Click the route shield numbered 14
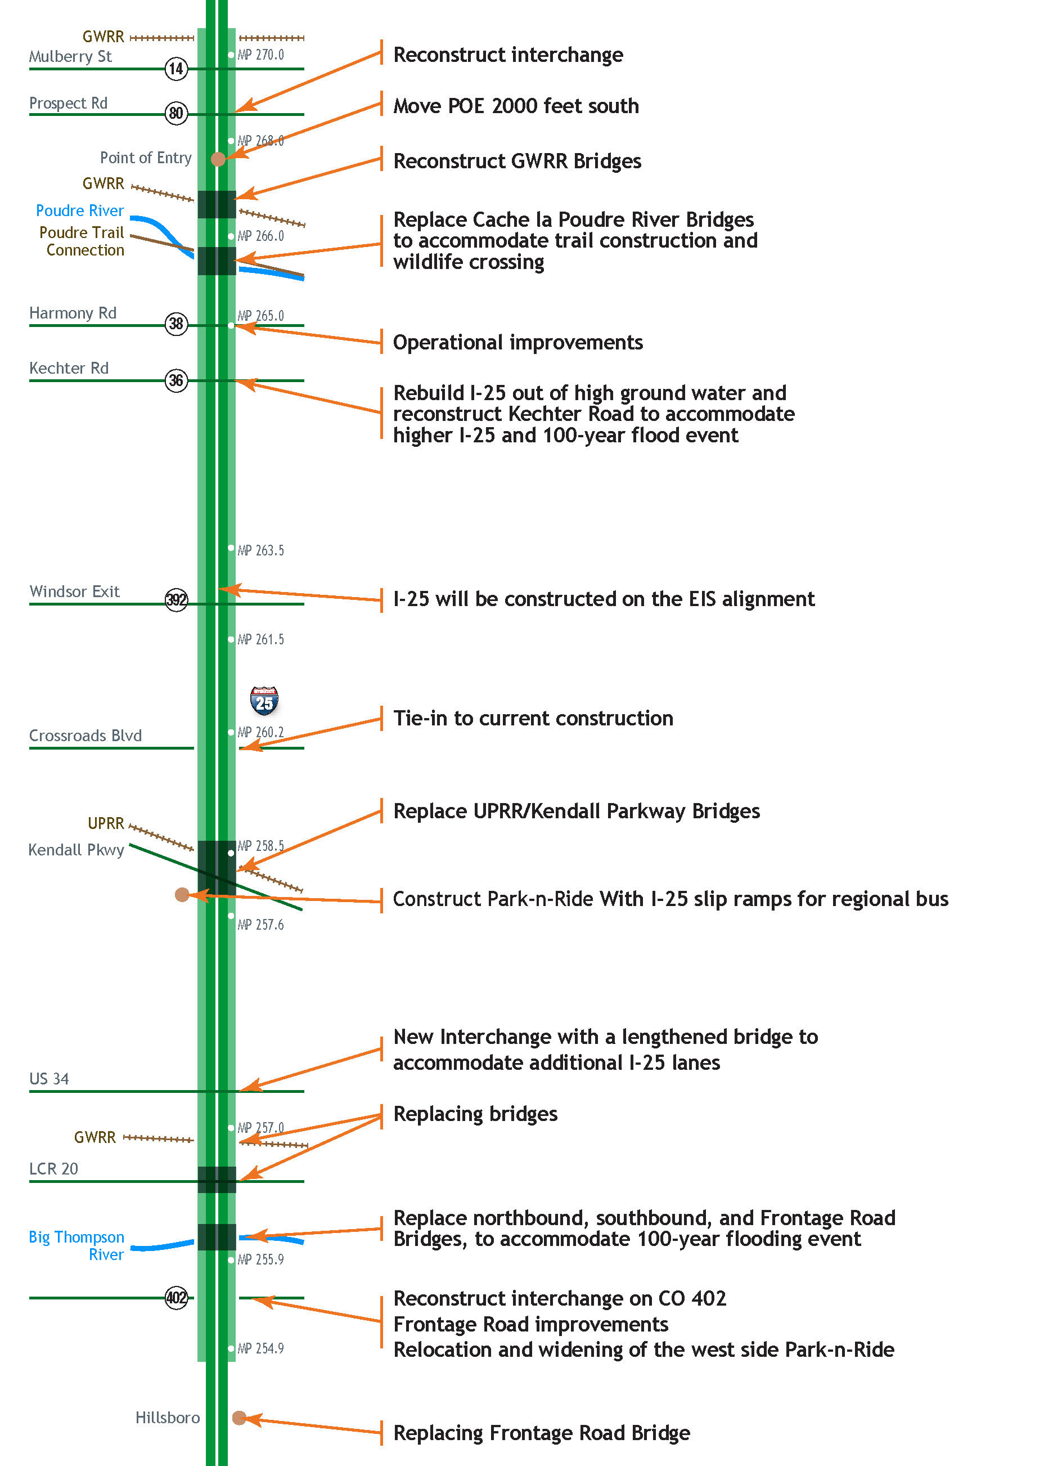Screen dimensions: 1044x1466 pyautogui.click(x=176, y=69)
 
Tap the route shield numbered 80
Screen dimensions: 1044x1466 pyautogui.click(x=176, y=113)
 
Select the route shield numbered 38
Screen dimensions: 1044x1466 pyautogui.click(x=176, y=324)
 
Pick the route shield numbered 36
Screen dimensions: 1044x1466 pyautogui.click(x=176, y=380)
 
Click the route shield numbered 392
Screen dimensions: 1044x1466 pyautogui.click(x=176, y=600)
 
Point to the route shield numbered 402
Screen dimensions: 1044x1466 pyautogui.click(x=176, y=1298)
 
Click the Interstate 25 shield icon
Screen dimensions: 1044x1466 pyautogui.click(x=264, y=701)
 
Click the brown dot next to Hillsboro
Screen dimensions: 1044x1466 pyautogui.click(x=238, y=1418)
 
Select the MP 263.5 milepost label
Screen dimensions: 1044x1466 pyautogui.click(x=260, y=550)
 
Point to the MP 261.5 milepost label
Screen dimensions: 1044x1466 pyautogui.click(x=260, y=639)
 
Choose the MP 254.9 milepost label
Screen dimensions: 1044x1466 pyautogui.click(x=260, y=1348)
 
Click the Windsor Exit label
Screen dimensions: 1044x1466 pyautogui.click(x=75, y=591)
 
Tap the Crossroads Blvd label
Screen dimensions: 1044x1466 pyautogui.click(x=85, y=736)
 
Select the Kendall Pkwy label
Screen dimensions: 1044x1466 pyautogui.click(x=76, y=850)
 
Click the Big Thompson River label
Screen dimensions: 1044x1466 pyautogui.click(x=77, y=1245)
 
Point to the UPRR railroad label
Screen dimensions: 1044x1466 pyautogui.click(x=106, y=824)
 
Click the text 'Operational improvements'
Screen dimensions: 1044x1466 pyautogui.click(x=517, y=343)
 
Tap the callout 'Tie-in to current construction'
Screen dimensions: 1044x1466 pyautogui.click(x=533, y=718)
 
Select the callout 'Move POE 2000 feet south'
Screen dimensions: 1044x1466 pyautogui.click(x=516, y=106)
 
